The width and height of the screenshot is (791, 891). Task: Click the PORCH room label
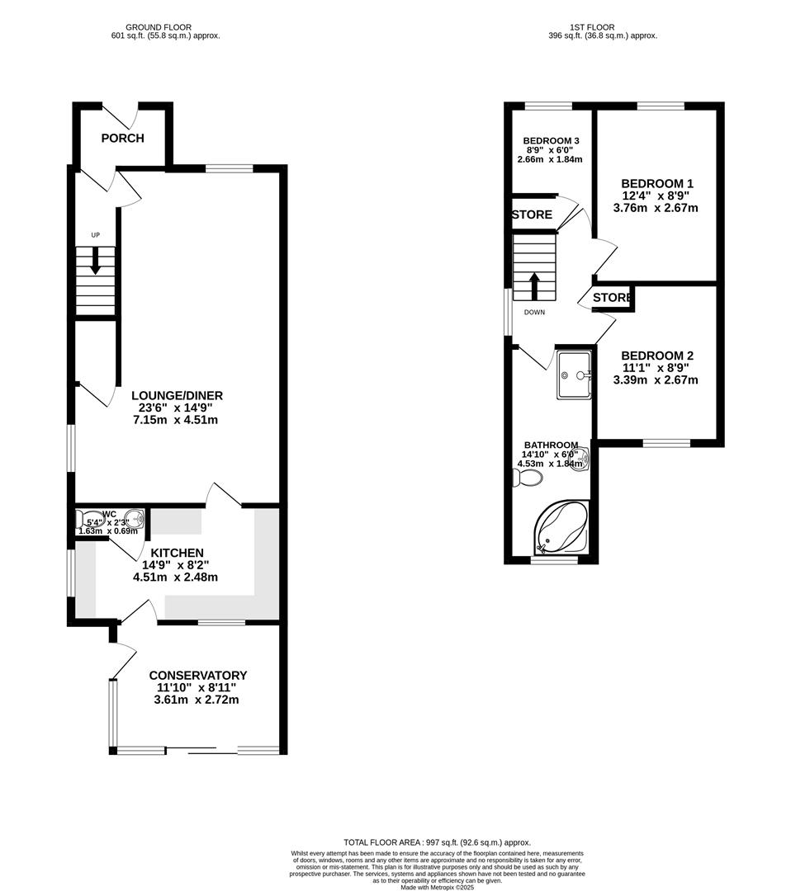[x=122, y=138]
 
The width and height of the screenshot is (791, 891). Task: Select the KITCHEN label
[x=176, y=553]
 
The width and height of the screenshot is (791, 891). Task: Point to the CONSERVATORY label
[x=197, y=676]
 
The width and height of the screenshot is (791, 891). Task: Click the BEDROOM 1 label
[x=656, y=183]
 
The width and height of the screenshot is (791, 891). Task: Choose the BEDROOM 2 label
[x=656, y=356]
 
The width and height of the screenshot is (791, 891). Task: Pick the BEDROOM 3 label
[x=551, y=140]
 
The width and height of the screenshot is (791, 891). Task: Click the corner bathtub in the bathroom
[x=561, y=528]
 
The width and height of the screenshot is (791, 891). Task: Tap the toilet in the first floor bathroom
[x=526, y=478]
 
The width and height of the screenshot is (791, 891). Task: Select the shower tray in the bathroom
[x=574, y=375]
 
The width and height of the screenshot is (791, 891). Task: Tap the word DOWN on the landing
[x=534, y=313]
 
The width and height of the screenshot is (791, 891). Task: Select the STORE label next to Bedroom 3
[x=533, y=214]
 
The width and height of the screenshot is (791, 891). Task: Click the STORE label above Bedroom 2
[x=612, y=297]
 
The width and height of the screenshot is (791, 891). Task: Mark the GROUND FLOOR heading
[x=165, y=26]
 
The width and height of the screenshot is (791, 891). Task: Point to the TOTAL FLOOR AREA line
[x=437, y=841]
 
